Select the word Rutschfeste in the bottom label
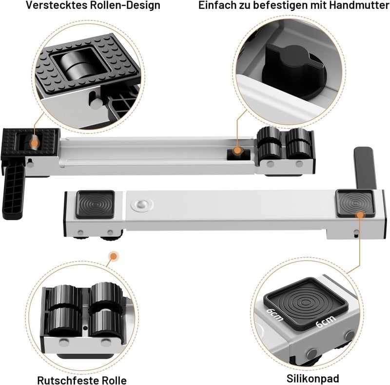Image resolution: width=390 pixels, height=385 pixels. coord(67,381)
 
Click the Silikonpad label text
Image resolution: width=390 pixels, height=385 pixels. coord(312,379)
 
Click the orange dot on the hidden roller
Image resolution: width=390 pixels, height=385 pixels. coord(35,143)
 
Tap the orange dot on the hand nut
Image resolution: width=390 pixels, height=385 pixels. coord(237,150)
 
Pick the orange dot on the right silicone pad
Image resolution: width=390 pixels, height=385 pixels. coord(360,215)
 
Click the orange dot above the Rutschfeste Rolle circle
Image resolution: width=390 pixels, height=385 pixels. coord(114,256)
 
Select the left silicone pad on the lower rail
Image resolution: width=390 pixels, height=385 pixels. coord(95,204)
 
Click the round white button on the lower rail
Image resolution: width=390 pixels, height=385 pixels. coord(142,205)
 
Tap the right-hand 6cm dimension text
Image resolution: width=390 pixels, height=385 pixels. coord(325,321)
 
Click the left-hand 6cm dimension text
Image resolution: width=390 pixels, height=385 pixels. coord(274,314)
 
